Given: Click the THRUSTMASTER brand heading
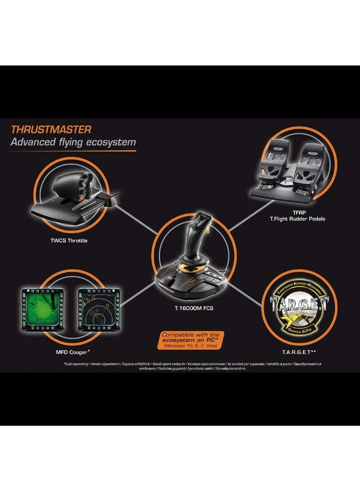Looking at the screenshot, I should pos(52,130).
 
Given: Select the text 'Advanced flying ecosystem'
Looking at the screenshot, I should pos(74,143).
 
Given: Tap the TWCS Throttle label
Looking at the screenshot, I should pos(68,240).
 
